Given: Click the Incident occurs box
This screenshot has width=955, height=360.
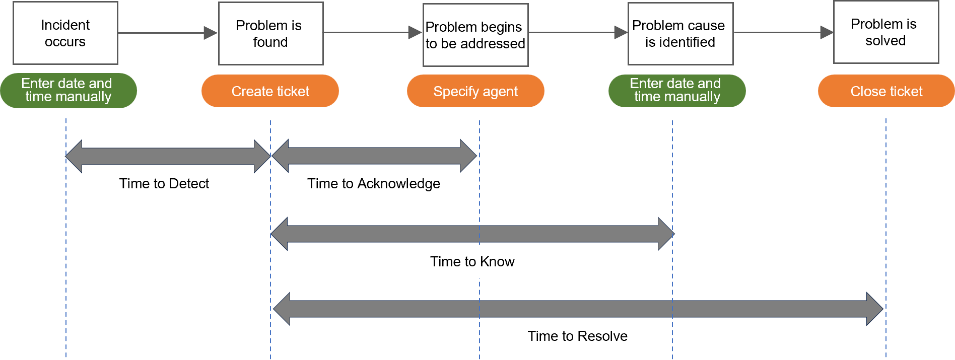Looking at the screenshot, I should (65, 33).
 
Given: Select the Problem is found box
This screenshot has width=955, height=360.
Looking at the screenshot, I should (270, 34).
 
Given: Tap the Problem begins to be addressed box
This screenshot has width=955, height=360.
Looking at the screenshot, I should (475, 35).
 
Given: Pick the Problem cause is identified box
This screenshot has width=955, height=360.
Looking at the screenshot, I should (680, 34).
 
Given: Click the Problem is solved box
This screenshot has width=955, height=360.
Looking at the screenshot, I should (885, 32).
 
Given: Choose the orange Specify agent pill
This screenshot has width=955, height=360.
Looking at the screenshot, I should (475, 91).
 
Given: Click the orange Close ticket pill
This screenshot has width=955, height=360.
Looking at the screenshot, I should (886, 91).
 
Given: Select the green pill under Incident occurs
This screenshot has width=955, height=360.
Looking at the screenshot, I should (68, 90).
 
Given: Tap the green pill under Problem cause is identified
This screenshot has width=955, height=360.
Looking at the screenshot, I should (676, 90).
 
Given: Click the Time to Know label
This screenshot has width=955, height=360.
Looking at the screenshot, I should (472, 261).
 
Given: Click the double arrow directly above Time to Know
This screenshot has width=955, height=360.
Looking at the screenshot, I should (472, 234).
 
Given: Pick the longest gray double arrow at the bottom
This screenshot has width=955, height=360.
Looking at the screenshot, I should (578, 309).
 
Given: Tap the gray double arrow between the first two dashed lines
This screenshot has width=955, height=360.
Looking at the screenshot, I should (168, 156).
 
